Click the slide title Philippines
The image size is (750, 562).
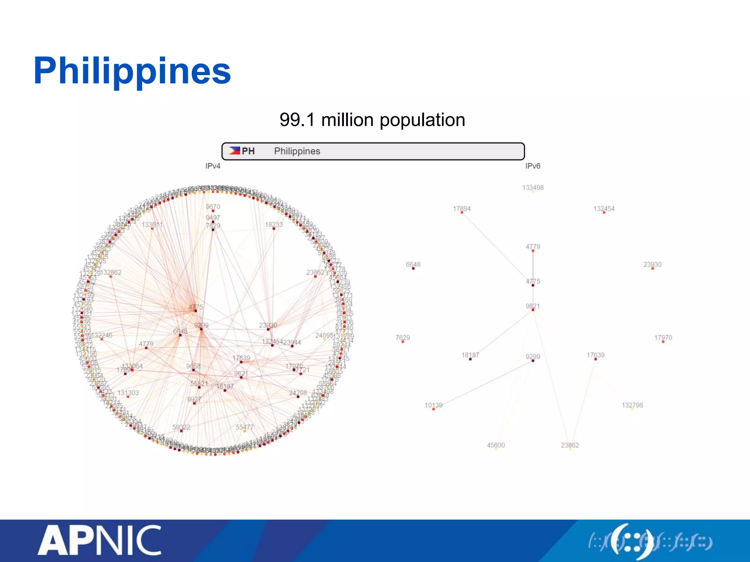coord(132,71)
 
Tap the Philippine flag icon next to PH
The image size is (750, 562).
coord(234,151)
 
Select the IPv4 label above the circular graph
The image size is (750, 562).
coord(213,166)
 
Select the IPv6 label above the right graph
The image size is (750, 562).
coord(532,166)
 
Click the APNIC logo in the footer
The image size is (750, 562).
coord(100,540)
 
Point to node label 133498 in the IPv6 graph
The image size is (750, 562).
coord(533,188)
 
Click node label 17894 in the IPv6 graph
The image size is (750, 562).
coord(462,209)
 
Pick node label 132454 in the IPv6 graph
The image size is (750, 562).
coord(604,209)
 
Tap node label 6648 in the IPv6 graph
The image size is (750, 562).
coord(413,264)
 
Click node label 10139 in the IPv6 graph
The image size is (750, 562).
coord(434,405)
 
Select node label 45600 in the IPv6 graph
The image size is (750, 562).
coord(496,445)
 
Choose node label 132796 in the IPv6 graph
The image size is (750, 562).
coord(632,405)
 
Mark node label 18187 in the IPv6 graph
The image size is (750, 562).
coord(470,355)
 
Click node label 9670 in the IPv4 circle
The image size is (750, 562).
coord(213,207)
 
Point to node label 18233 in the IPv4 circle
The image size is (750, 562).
coord(274,224)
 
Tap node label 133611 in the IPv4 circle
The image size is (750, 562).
coord(152,224)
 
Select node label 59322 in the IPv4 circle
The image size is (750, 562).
coord(181,427)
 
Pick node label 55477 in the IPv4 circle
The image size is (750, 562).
coord(245,427)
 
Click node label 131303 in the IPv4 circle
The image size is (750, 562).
coord(128,393)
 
